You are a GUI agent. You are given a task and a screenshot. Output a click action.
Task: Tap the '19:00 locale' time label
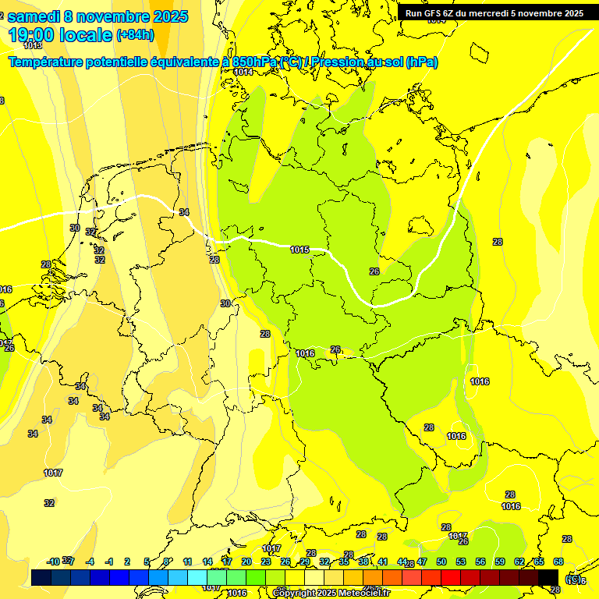[60, 34]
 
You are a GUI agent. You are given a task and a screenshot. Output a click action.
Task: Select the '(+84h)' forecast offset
[135, 35]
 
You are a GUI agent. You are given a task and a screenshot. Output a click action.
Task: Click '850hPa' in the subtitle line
[255, 62]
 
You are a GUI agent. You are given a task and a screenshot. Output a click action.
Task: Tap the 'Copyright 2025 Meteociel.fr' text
[331, 593]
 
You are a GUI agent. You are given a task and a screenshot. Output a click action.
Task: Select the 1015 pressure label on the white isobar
[299, 250]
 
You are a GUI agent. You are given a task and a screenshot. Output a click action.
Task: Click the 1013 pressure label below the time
[33, 46]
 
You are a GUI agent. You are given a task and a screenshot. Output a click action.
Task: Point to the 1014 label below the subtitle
[243, 72]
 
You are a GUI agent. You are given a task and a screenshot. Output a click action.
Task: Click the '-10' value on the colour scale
[53, 562]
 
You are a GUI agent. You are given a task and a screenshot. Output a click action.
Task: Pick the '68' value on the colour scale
[558, 562]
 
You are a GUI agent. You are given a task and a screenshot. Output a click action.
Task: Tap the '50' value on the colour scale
[441, 562]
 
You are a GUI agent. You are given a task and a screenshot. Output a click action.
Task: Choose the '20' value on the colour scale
[246, 562]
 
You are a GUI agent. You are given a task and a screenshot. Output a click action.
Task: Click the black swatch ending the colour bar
[548, 576]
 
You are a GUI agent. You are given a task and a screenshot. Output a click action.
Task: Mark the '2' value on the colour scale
[129, 562]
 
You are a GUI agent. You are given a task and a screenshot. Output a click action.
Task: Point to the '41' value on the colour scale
[383, 562]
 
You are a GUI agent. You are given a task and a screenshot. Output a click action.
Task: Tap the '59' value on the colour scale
[500, 562]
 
